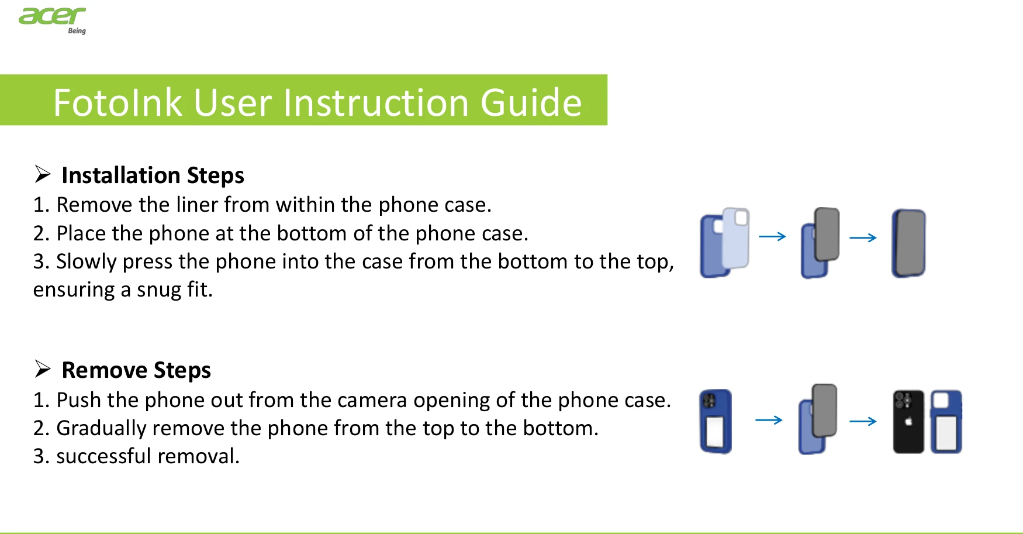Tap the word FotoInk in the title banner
coord(117,103)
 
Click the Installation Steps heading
coord(153,175)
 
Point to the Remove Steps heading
coord(136,370)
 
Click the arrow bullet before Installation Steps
coord(43,174)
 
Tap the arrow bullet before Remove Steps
coord(43,369)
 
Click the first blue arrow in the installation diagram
coord(772,236)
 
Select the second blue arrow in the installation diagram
coord(863,237)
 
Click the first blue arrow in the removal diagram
coord(769,420)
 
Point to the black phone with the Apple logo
coord(908,422)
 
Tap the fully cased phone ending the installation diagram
coord(908,243)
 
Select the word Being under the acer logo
coord(77,31)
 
